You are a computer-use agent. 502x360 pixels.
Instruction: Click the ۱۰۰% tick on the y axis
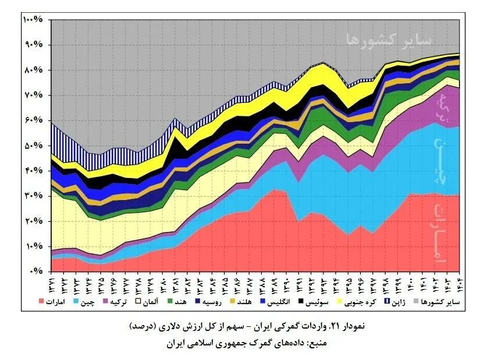(x=33, y=19)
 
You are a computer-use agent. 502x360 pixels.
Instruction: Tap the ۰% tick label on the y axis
(x=38, y=272)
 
